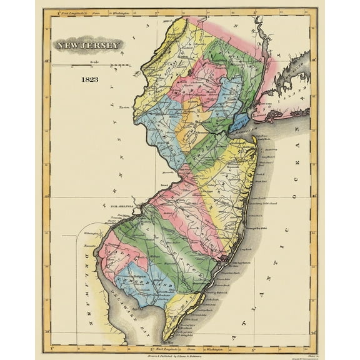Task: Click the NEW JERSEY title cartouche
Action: coord(88,45)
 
